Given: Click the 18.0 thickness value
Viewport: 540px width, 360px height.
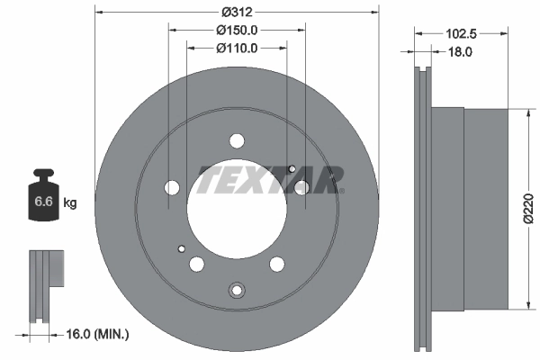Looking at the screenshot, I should pos(461,53).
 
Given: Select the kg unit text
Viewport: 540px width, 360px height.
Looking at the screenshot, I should pos(69,203).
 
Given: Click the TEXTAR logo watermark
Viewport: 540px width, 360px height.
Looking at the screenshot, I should pos(270,180).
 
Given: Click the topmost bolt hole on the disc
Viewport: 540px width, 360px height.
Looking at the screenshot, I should pos(238,140).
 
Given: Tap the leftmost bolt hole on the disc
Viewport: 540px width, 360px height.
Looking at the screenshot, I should pos(173,187).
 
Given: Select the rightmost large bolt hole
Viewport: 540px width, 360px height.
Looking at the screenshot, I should pos(302,186).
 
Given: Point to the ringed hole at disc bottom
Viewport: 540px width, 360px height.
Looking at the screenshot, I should pos(238,290).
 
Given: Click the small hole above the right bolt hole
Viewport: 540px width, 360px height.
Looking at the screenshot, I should pos(292,167).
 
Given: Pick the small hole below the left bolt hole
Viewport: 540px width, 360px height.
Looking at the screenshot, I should pos(182,249).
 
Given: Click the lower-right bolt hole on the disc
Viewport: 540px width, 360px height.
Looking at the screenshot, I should pos(277,264).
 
